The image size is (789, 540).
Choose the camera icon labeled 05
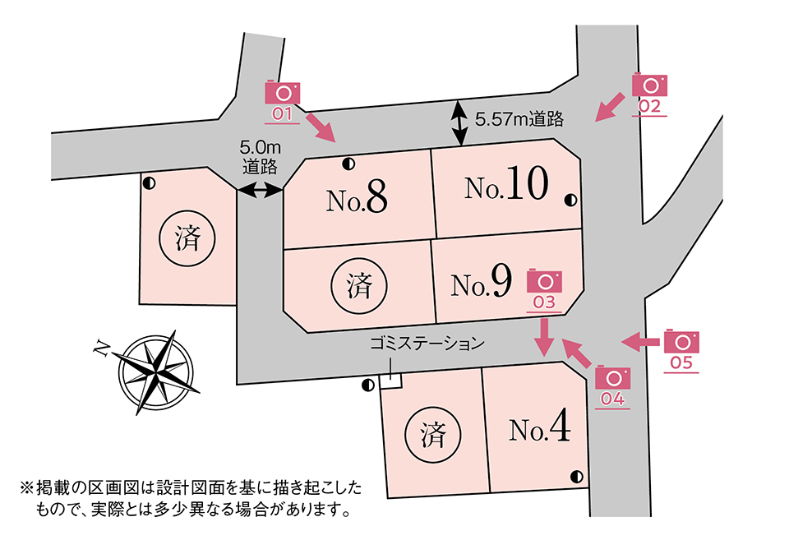pos(681,341)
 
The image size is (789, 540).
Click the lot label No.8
pos(356,198)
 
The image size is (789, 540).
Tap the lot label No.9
pos(482,284)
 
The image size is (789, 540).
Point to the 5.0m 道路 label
pos(261,156)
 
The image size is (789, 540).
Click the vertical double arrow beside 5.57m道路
pos(459,123)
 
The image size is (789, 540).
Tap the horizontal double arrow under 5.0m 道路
pos(260,191)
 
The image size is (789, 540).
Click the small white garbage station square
pos(390,381)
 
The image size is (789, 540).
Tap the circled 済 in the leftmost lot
pos(187,238)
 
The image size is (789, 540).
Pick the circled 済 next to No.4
pos(433,434)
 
